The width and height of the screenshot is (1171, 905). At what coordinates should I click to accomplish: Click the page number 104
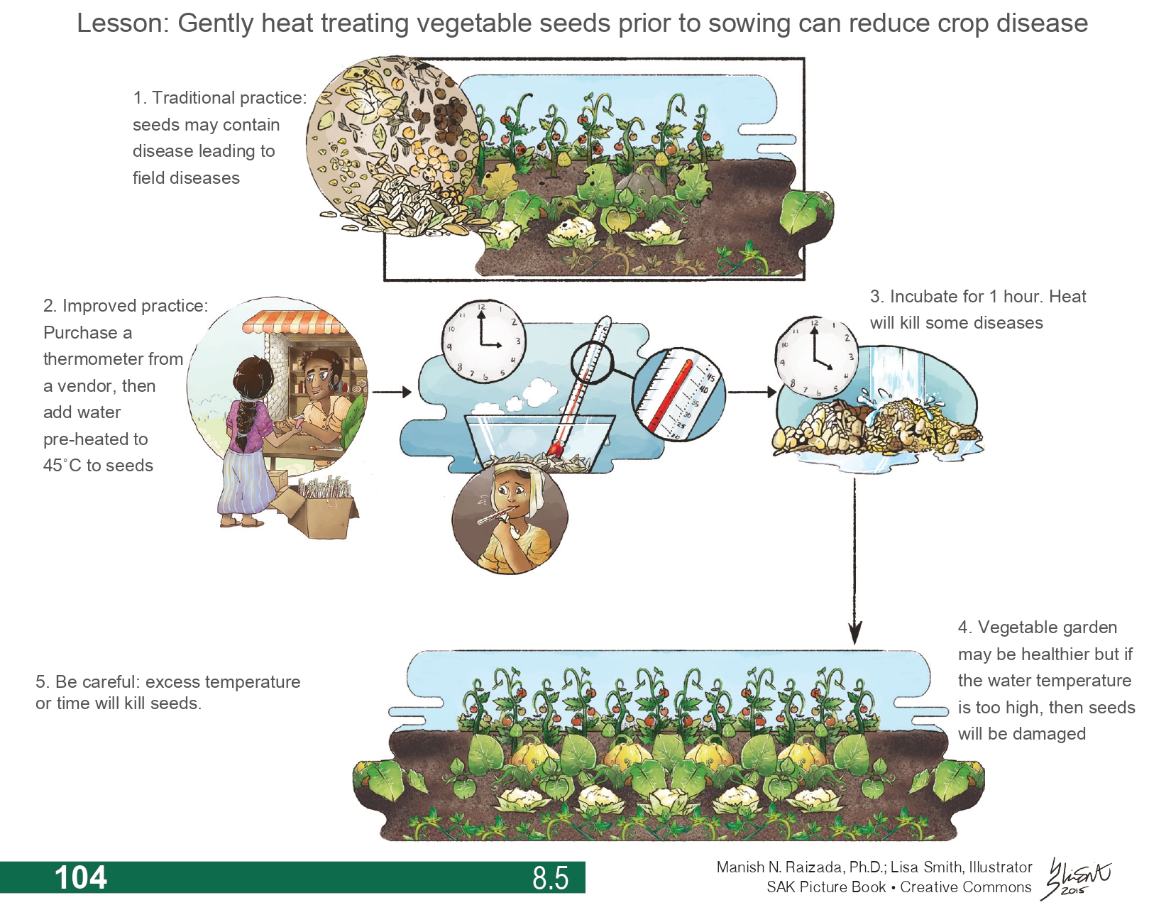tap(81, 877)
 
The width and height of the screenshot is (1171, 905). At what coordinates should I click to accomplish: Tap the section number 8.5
tap(550, 878)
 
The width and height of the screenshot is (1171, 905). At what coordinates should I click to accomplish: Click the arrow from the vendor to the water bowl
tap(391, 392)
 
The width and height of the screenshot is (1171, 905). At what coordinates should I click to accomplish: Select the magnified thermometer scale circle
tap(678, 395)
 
